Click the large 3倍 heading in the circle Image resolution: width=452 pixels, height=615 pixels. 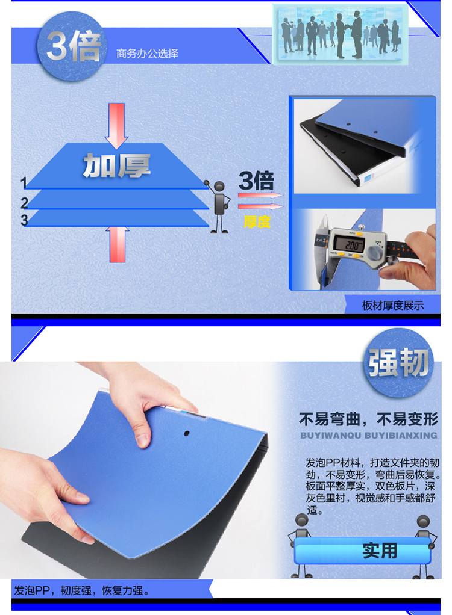(74, 46)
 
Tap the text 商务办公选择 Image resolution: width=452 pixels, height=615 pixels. (147, 54)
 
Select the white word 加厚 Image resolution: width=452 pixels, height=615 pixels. (117, 165)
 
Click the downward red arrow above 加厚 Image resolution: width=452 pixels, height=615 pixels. (116, 126)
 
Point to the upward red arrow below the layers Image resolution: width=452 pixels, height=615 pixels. (117, 244)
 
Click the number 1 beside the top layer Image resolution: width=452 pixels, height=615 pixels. (24, 183)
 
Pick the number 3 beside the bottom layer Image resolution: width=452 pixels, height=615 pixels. (24, 220)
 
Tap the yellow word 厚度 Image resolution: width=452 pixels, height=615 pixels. (257, 222)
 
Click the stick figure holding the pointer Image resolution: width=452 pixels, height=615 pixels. (218, 206)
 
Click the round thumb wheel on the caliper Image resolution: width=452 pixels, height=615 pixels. (376, 253)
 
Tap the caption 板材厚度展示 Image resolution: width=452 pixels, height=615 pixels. (393, 306)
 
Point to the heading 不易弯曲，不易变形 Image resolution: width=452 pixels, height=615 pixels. (368, 419)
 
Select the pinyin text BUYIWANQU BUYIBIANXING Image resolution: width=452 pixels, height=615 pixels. (368, 435)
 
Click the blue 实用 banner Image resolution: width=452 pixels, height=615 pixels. (362, 551)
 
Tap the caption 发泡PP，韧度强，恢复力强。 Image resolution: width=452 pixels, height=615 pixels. (82, 590)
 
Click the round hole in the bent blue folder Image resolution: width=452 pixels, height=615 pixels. (187, 433)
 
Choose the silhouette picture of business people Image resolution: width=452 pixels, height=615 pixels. (340, 34)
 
